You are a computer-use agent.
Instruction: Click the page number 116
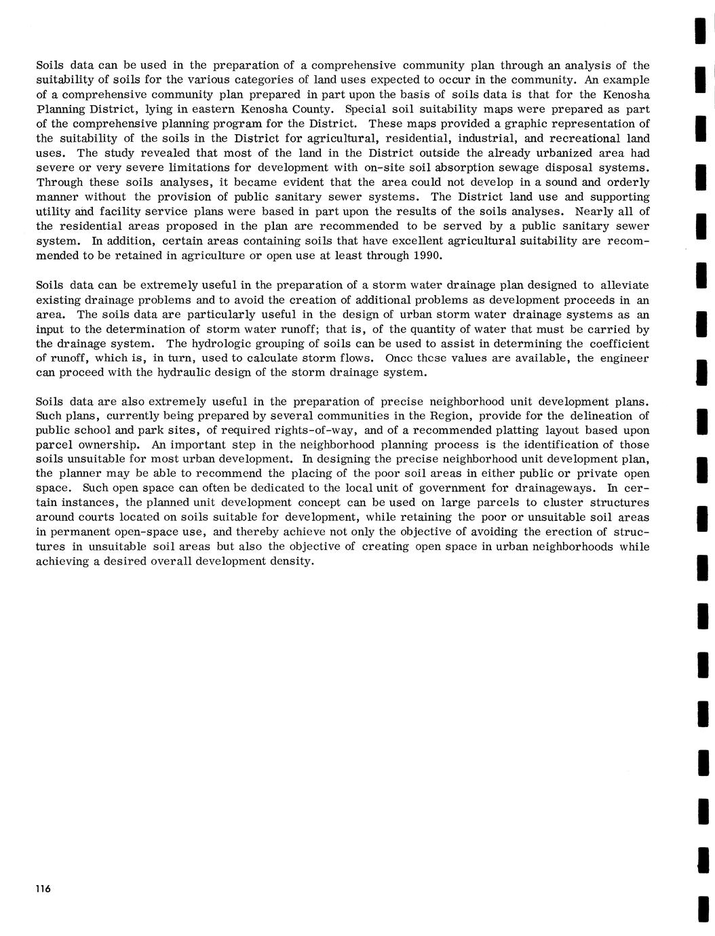43,889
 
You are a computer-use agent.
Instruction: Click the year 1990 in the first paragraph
427,256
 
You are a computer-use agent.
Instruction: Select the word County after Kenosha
311,109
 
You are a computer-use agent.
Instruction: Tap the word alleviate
624,286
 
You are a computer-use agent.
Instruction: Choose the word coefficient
618,344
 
